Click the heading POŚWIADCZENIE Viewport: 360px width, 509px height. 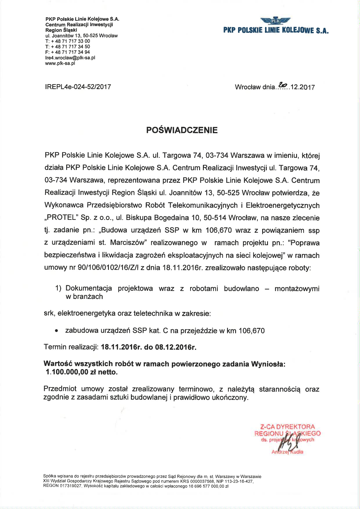tap(182, 130)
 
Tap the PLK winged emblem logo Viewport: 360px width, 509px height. tap(276, 21)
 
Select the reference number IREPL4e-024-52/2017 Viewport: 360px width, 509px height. tap(78, 87)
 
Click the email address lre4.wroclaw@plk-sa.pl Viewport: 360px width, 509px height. tap(70, 58)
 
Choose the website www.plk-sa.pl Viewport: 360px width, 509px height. tap(60, 63)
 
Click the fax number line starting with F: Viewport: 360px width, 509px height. tap(68, 52)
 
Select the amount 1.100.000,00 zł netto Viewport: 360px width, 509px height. tap(82, 372)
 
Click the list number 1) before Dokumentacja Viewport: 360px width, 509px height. tap(58, 288)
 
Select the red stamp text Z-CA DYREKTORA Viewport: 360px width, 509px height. tap(287, 427)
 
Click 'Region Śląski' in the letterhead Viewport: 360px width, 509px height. tap(61, 30)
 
